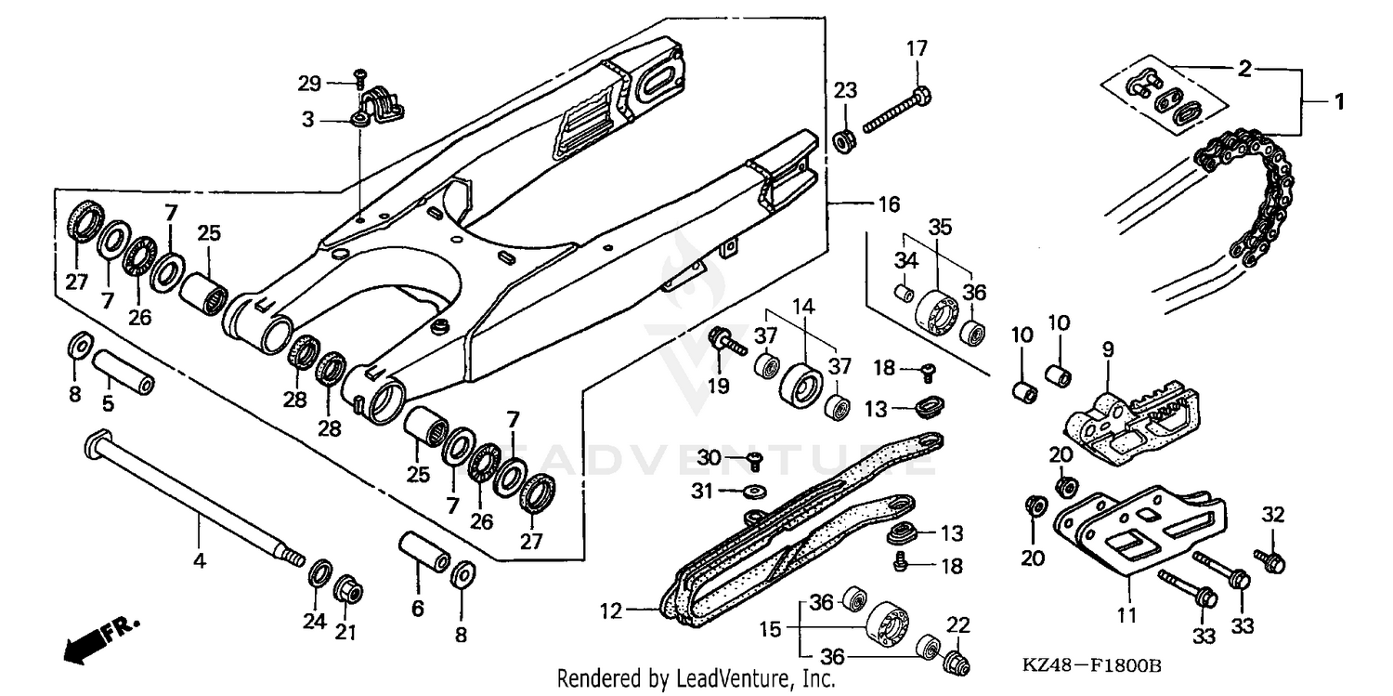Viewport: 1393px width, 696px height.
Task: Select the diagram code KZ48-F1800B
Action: click(1092, 666)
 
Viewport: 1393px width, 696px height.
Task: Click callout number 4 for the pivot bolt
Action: click(199, 560)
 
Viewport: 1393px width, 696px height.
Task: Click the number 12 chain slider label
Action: click(610, 611)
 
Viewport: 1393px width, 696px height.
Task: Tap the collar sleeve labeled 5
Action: click(122, 371)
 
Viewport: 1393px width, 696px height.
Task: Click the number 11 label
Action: click(1126, 614)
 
